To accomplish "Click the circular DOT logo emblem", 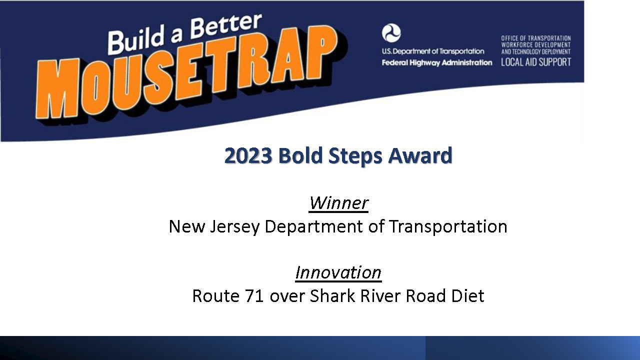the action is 391,33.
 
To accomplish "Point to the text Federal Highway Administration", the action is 437,62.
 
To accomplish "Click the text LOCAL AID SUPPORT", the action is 535,62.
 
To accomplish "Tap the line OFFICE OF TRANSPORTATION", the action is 535,38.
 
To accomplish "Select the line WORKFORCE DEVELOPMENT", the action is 535,45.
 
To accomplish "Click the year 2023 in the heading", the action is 248,155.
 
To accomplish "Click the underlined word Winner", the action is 338,203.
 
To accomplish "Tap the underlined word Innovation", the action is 338,272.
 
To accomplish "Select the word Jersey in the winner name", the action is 235,227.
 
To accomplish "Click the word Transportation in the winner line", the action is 448,226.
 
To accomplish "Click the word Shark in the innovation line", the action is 332,295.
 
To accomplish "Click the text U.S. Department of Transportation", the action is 433,51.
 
